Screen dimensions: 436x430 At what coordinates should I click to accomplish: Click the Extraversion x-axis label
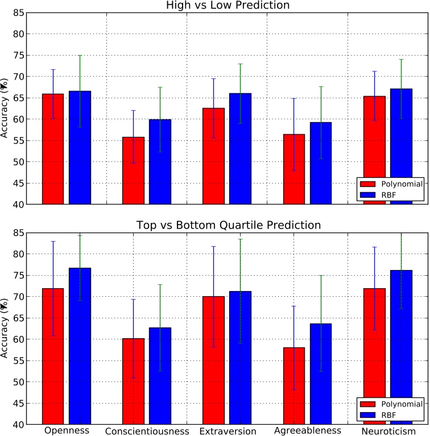pyautogui.click(x=228, y=431)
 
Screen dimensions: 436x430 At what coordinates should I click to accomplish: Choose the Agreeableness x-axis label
pyautogui.click(x=307, y=431)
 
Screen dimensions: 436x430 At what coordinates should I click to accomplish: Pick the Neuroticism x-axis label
pyautogui.click(x=388, y=431)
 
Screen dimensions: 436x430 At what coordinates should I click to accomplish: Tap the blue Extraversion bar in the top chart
pyautogui.click(x=240, y=148)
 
